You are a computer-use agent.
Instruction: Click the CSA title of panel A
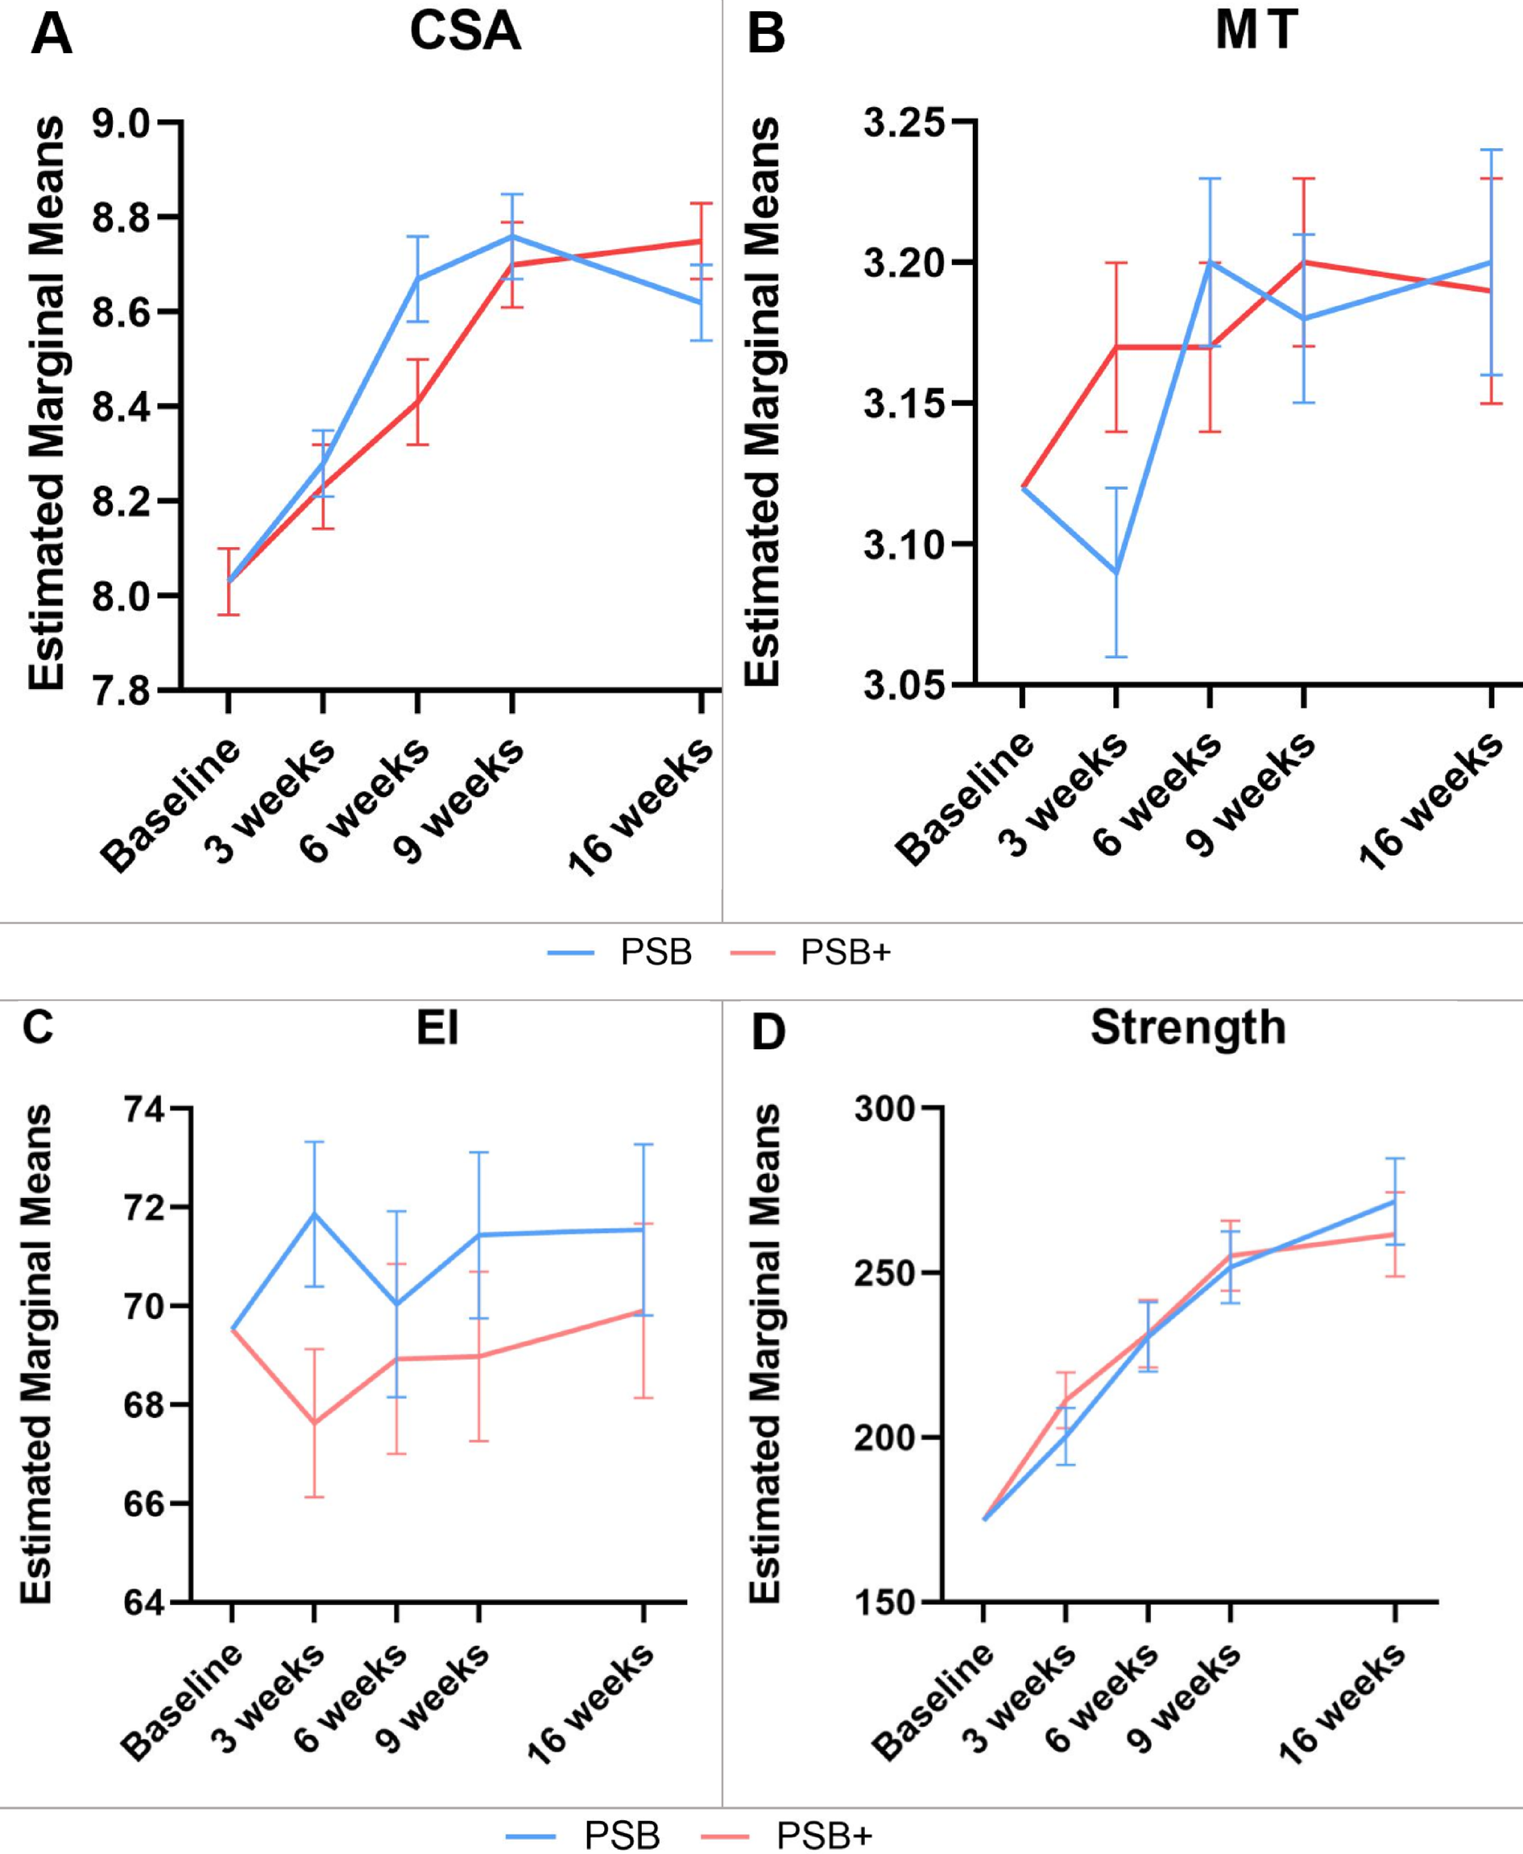coord(465,32)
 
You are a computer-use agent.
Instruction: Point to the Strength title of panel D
coord(1188,1027)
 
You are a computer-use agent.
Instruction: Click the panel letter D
coord(768,1032)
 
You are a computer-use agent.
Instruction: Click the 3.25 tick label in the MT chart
coord(906,122)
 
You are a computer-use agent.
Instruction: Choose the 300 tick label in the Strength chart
coord(896,1109)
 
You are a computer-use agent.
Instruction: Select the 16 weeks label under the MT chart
coord(1431,803)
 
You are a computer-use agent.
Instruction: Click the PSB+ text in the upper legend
coord(846,953)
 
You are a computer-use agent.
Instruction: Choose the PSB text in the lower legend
coord(622,1835)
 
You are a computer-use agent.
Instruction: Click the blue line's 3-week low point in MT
coord(1116,573)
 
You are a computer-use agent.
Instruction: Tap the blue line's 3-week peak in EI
coord(314,1213)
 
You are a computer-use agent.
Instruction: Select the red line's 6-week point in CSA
coord(417,403)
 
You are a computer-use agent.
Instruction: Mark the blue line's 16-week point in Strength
coord(1394,1202)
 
